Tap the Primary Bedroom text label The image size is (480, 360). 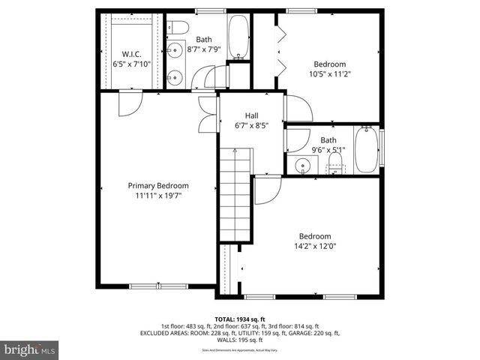[157, 185]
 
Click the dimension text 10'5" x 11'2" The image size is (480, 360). [329, 74]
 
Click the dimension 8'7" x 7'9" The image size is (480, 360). [204, 49]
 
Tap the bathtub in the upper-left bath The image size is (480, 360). [238, 37]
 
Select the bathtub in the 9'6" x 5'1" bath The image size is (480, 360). [365, 150]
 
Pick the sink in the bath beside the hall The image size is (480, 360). [304, 166]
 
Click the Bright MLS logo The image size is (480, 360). [30, 349]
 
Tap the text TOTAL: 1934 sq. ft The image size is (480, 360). [240, 319]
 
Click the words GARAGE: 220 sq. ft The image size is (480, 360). [313, 333]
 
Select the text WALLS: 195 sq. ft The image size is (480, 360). [240, 340]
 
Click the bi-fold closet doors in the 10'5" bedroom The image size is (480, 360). [280, 48]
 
